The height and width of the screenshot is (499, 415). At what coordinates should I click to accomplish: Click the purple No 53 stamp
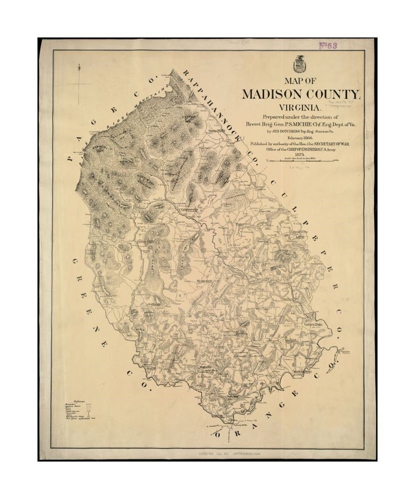tap(328, 45)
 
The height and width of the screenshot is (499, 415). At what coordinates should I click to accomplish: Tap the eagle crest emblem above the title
tap(300, 64)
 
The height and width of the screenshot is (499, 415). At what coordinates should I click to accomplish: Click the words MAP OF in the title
tap(300, 81)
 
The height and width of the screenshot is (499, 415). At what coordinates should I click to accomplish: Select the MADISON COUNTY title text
tap(301, 94)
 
